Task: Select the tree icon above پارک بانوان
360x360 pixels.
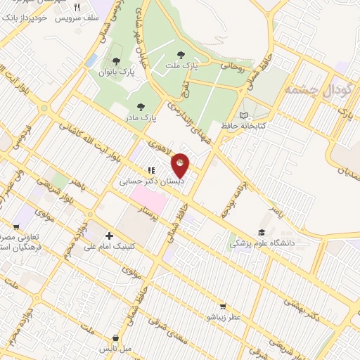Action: (116, 61)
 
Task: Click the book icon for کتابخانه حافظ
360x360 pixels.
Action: (244, 115)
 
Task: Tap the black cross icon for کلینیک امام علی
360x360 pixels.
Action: (108, 236)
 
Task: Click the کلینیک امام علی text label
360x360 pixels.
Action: (109, 247)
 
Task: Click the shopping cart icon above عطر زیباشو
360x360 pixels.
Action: (223, 307)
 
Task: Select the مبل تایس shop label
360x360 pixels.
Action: (115, 348)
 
